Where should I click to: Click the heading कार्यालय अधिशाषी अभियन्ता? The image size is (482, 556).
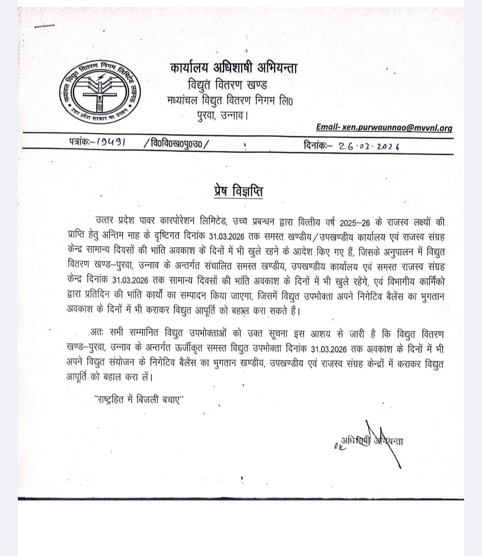tap(233, 68)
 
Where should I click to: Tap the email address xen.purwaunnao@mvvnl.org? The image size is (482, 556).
tap(384, 128)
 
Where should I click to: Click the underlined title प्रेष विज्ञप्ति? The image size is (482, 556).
tap(237, 191)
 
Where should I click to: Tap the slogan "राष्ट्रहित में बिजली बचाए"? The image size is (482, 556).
tap(139, 400)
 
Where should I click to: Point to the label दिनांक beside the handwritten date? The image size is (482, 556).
tap(318, 145)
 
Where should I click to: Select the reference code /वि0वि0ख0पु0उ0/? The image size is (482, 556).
tap(176, 144)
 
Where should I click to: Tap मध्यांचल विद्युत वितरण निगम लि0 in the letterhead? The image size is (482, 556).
tap(230, 100)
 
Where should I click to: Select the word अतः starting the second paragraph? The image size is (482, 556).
tap(97, 332)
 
